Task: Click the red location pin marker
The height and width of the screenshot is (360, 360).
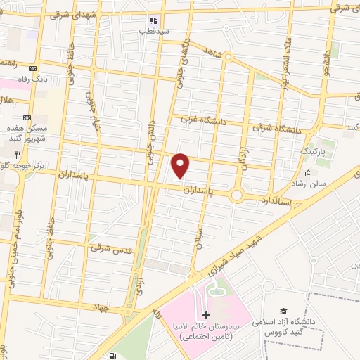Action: pyautogui.click(x=181, y=165)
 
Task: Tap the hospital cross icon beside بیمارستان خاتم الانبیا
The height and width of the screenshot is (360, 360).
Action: pyautogui.click(x=205, y=314)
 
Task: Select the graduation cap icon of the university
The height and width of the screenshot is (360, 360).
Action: pyautogui.click(x=283, y=310)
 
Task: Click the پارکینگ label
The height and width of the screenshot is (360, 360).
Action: pyautogui.click(x=314, y=150)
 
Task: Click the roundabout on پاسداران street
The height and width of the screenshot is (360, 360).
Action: pyautogui.click(x=238, y=195)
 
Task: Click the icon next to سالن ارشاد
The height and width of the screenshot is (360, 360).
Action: pyautogui.click(x=308, y=174)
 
